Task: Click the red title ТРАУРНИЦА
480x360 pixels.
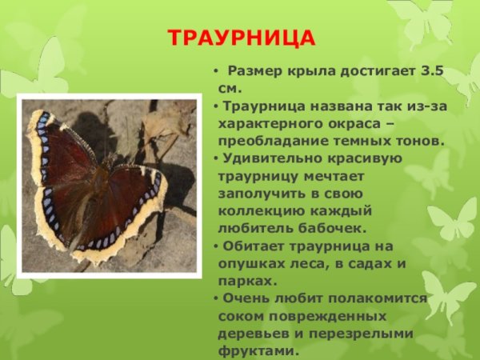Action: (242, 38)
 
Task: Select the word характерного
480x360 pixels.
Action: (270, 124)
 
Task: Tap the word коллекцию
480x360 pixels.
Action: (257, 211)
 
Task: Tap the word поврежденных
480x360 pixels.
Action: (317, 316)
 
